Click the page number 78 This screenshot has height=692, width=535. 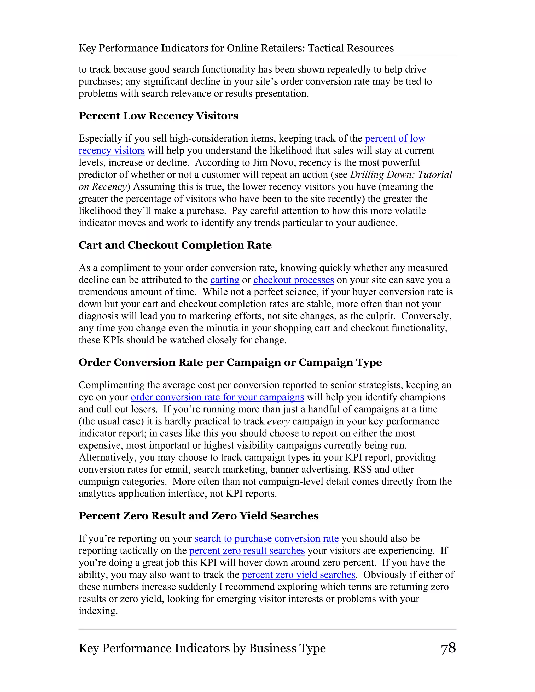tap(448, 648)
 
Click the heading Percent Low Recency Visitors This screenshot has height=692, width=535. tap(158, 116)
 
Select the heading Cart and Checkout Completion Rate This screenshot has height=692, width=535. tap(175, 245)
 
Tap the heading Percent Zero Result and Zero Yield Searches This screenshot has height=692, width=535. tap(199, 515)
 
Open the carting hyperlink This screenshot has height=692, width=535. tap(225, 280)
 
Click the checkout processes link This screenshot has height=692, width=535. tap(293, 280)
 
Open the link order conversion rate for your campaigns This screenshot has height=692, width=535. tap(217, 397)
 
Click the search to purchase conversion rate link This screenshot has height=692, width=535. tap(266, 538)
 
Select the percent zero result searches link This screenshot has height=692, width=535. tap(247, 550)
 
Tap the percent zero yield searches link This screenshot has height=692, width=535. tap(299, 574)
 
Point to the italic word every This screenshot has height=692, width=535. tap(278, 421)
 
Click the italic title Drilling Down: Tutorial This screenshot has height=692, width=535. tap(401, 175)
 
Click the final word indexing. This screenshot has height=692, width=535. tap(98, 611)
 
